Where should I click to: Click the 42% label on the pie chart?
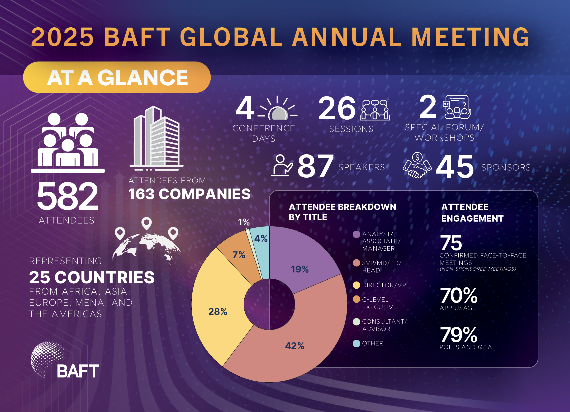294,346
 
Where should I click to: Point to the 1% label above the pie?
244,222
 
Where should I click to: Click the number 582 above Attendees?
67,196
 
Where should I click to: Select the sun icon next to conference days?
277,109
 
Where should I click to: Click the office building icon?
157,138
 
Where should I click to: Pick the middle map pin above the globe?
147,223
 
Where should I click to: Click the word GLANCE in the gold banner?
142,78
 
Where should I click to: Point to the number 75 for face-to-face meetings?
451,243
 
